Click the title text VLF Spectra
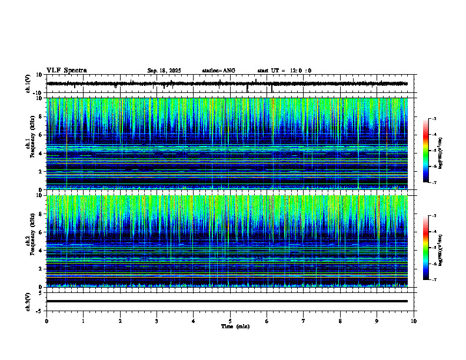66,70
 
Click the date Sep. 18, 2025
164,71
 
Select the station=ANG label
218,71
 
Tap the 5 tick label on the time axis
230,321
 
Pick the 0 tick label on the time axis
46,321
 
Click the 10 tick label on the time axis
414,321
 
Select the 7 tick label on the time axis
304,321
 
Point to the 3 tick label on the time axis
157,321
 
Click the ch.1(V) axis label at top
28,84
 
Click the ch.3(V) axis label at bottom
28,301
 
